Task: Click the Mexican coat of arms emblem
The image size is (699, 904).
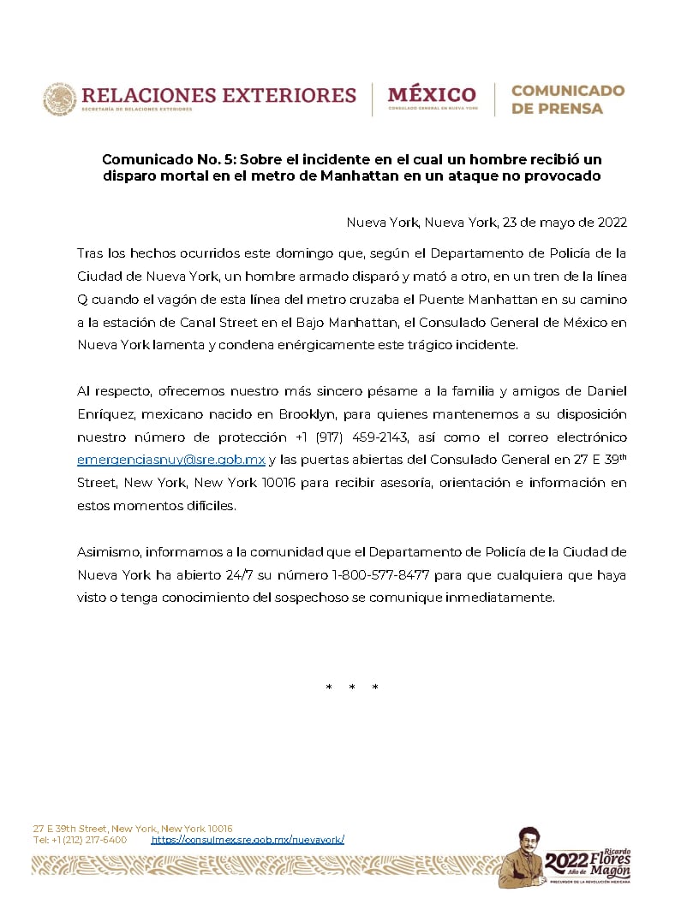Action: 60,98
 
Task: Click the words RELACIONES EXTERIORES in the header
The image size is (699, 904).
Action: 218,94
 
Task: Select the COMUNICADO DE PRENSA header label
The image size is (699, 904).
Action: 568,99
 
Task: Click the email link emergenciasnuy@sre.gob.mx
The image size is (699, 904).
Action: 171,460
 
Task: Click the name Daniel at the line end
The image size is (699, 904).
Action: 605,391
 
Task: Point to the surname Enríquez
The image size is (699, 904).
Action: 104,414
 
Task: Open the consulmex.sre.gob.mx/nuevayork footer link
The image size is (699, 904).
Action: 248,840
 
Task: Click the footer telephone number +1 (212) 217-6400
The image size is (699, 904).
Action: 89,840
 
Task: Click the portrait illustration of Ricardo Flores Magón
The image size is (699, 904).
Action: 522,856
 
